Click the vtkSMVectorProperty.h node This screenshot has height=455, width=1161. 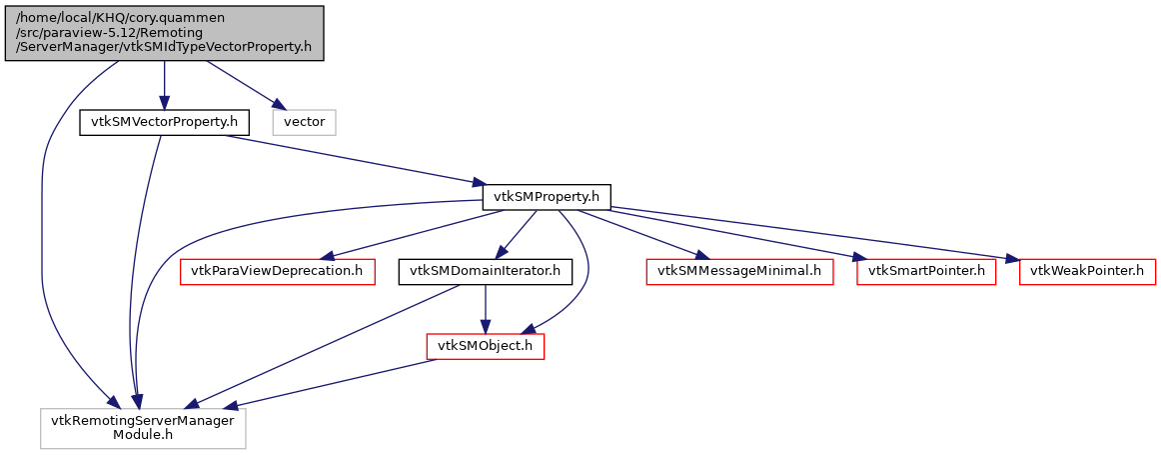tap(164, 122)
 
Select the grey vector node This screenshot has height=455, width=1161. tap(307, 122)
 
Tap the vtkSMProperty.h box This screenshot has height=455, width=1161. tap(547, 197)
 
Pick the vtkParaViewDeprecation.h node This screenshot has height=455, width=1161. tap(275, 271)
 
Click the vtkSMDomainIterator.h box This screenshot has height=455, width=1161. tap(485, 271)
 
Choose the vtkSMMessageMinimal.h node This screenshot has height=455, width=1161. tap(739, 271)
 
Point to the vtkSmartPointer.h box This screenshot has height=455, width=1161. tap(926, 271)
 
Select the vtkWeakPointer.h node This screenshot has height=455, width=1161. tap(1087, 271)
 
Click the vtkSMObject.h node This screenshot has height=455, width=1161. tap(486, 346)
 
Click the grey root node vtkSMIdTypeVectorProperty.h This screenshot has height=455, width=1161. tap(165, 33)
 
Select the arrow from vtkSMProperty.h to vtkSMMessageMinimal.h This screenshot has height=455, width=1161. tap(649, 235)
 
